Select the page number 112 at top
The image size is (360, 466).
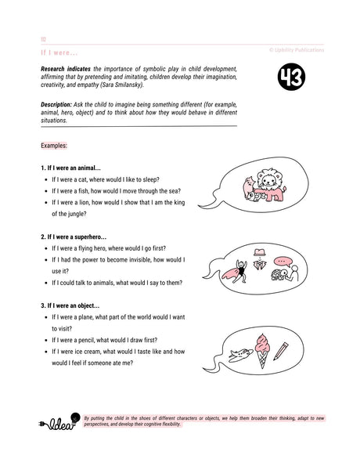(43, 37)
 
